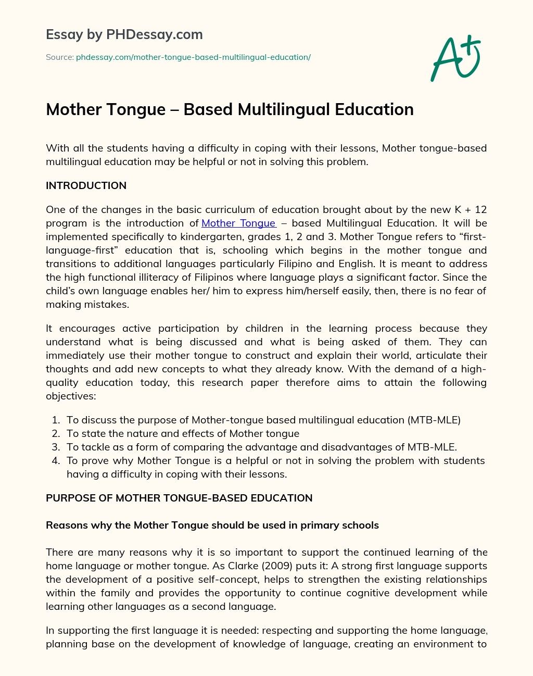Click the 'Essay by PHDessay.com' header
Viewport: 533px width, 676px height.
tap(124, 35)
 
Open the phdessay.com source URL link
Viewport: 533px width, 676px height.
tap(193, 57)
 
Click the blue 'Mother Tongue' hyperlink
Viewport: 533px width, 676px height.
tap(238, 223)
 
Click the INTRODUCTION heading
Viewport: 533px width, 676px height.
tap(86, 186)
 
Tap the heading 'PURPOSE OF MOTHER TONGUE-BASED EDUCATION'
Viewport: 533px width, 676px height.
tap(179, 498)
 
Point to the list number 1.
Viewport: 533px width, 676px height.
tap(56, 420)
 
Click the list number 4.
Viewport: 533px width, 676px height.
tap(56, 461)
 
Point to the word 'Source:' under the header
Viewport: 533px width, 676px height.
tap(59, 57)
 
